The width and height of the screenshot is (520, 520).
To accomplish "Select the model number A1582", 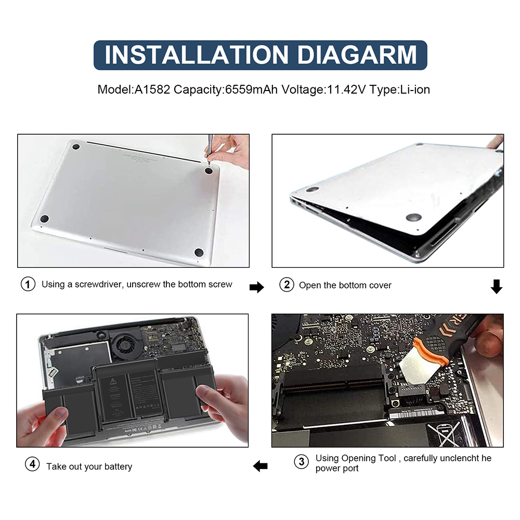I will pyautogui.click(x=153, y=89).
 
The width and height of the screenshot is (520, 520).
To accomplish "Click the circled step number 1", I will pyautogui.click(x=28, y=284).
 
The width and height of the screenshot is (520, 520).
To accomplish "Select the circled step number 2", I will pyautogui.click(x=287, y=285).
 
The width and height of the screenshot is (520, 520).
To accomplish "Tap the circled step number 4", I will pyautogui.click(x=32, y=465).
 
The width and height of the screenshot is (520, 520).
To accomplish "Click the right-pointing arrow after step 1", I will pyautogui.click(x=257, y=287).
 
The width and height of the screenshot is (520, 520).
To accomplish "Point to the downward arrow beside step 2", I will pyautogui.click(x=497, y=286).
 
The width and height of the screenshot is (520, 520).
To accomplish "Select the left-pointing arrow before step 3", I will pyautogui.click(x=260, y=466).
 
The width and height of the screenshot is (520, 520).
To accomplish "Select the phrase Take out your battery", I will pyautogui.click(x=89, y=466).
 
